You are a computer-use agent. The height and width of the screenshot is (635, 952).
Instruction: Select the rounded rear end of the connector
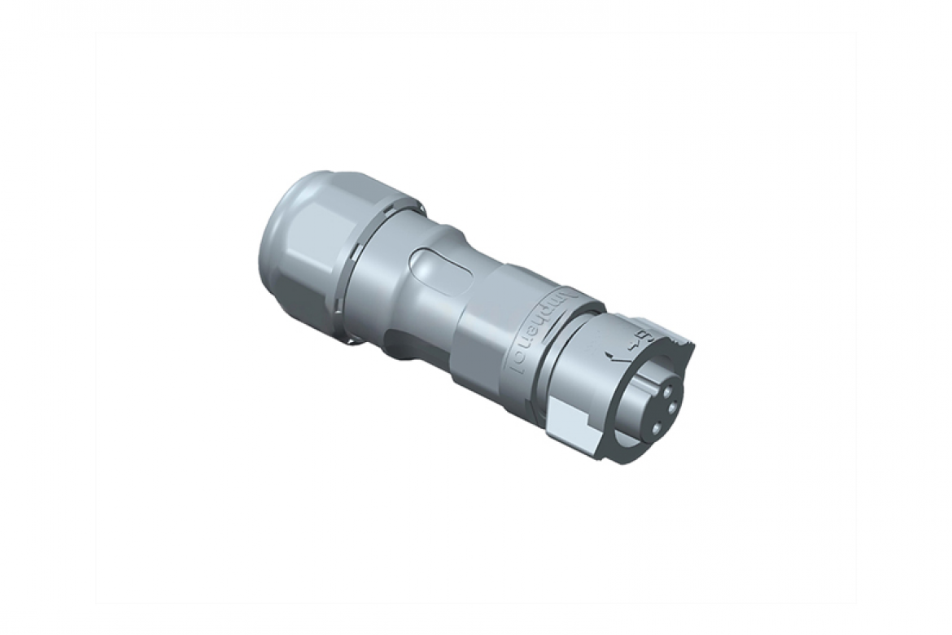(x=273, y=244)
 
